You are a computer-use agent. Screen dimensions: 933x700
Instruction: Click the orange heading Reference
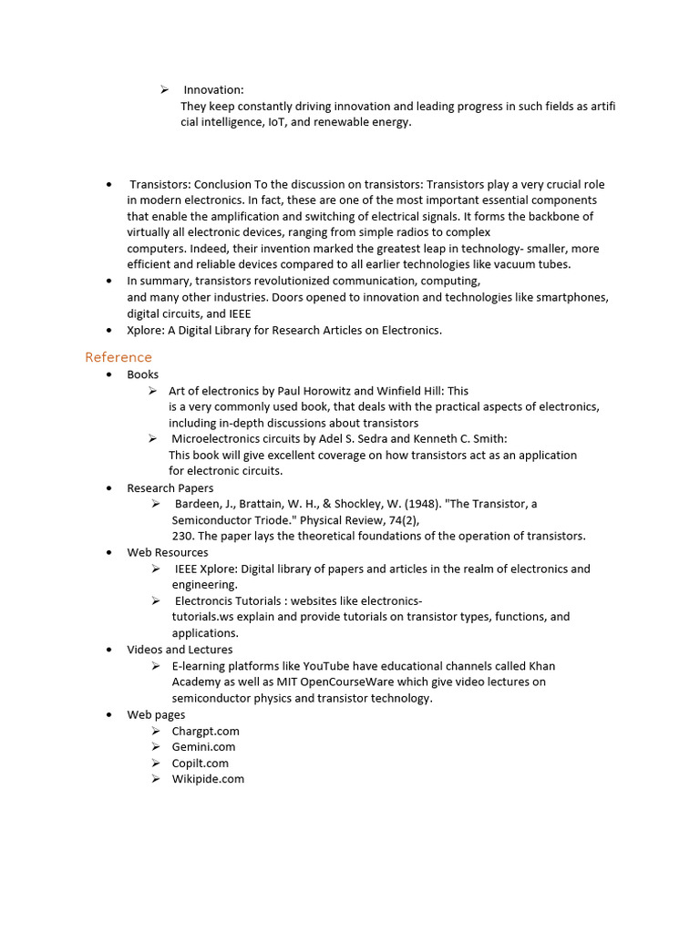[x=118, y=357]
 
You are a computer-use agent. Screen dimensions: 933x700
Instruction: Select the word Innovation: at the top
[x=213, y=90]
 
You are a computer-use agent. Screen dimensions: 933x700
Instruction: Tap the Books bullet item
[x=142, y=374]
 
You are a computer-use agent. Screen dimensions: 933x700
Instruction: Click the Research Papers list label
[x=170, y=488]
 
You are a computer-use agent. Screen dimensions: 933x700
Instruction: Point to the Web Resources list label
[x=167, y=553]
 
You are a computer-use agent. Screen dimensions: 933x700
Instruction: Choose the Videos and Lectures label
[x=180, y=650]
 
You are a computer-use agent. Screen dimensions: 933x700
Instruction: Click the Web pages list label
[x=156, y=715]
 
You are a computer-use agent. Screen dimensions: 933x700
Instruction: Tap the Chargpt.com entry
[x=205, y=732]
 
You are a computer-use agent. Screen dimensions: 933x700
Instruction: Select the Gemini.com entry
[x=203, y=747]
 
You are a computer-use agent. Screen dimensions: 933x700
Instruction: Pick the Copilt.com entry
[x=200, y=764]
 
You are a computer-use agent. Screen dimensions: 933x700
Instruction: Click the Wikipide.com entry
[x=208, y=779]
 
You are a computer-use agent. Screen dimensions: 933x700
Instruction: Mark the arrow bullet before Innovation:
[x=165, y=89]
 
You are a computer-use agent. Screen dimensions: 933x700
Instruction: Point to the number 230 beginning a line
[x=181, y=537]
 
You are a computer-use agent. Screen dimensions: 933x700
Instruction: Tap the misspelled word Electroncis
[x=209, y=601]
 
